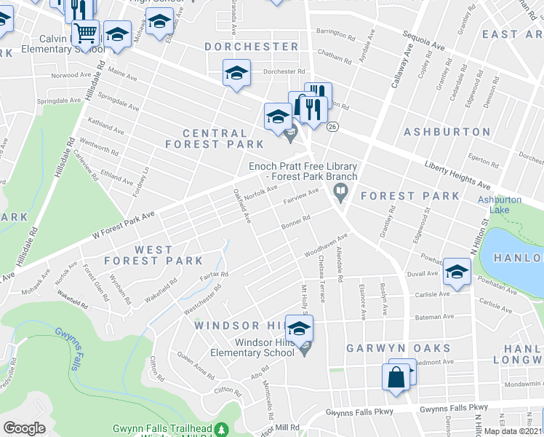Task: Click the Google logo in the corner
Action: point(25,428)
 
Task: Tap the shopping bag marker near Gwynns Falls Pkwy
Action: point(395,378)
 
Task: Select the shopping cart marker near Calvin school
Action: point(86,32)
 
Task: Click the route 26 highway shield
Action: point(332,127)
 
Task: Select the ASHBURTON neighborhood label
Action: point(447,132)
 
